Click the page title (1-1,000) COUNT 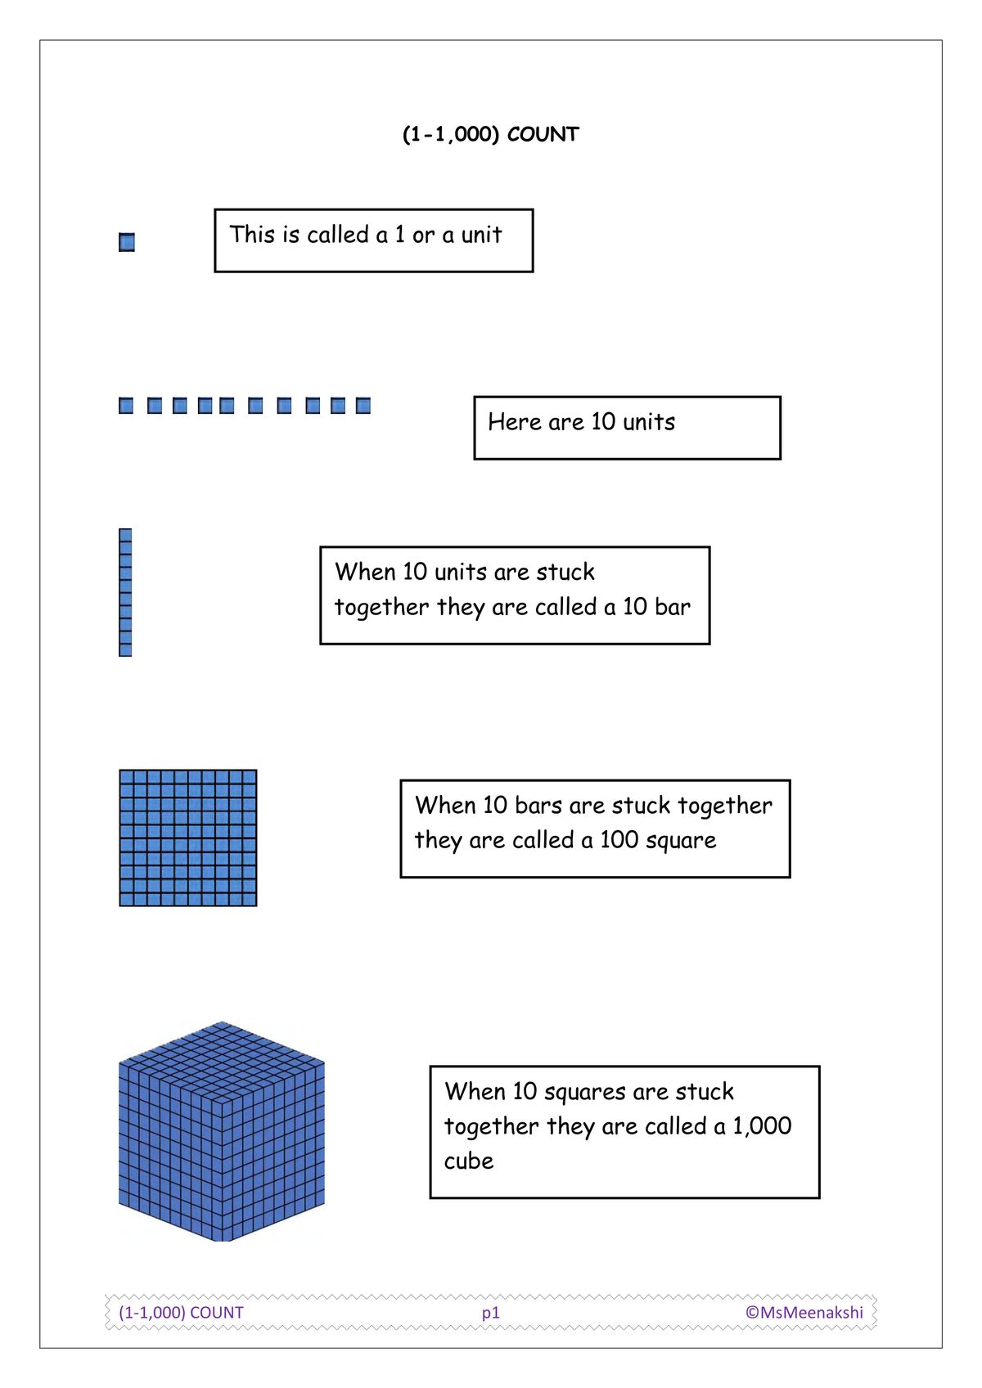click(490, 134)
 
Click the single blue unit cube click(127, 242)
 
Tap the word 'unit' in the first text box click(481, 236)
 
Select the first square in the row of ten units click(126, 406)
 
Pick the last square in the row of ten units click(363, 406)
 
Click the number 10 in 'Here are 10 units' click(602, 422)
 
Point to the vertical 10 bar click(125, 592)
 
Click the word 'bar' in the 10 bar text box click(673, 607)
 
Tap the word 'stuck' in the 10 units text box click(565, 572)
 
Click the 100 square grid click(188, 838)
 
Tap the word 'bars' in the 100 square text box click(538, 806)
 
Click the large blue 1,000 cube click(221, 1132)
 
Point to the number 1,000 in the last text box click(762, 1126)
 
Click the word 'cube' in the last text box click(469, 1161)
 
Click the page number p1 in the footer click(490, 1313)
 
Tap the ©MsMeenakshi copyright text click(804, 1313)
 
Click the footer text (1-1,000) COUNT click(182, 1313)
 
